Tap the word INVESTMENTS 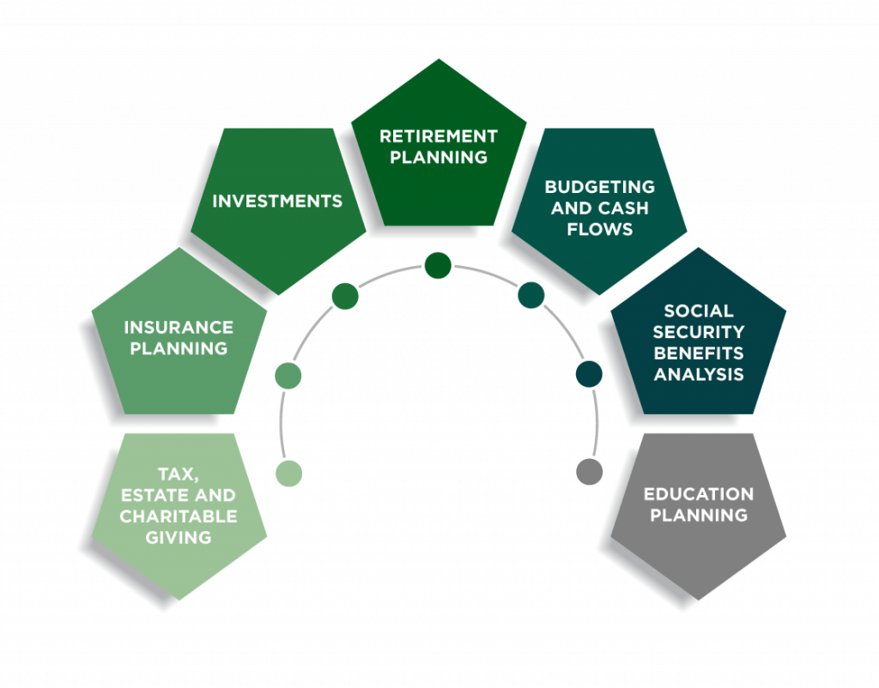(277, 202)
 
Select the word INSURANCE (179, 328)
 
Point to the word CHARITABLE (179, 516)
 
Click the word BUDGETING (599, 187)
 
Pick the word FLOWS (599, 229)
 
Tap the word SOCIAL (698, 311)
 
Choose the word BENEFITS (698, 353)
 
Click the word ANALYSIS (698, 374)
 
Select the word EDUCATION (698, 494)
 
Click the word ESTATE (156, 495)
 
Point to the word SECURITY (698, 331)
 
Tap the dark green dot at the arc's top (438, 265)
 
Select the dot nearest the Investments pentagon (345, 296)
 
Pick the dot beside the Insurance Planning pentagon (288, 375)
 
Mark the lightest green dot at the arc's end (288, 473)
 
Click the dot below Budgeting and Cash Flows (531, 295)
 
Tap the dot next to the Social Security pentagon (589, 374)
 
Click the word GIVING (179, 538)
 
